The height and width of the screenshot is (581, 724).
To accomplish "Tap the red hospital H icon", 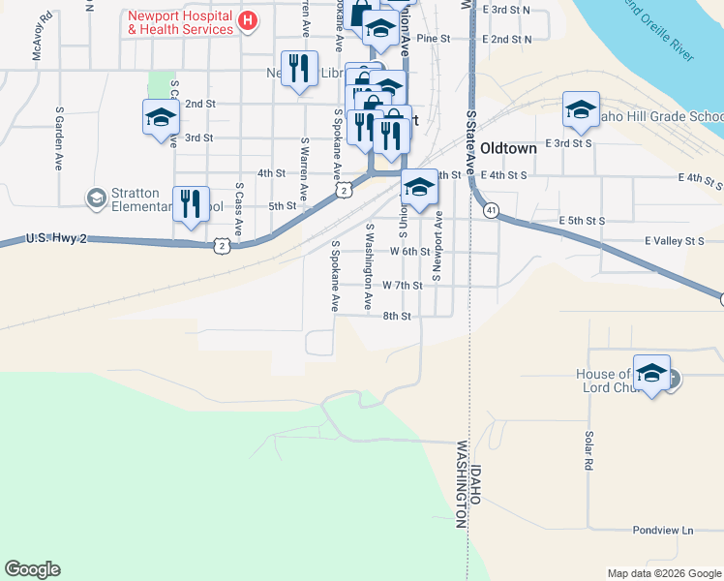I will click(x=248, y=19).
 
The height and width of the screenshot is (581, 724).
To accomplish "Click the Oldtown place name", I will click(x=508, y=150).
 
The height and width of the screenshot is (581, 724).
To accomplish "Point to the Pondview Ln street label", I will click(x=663, y=531).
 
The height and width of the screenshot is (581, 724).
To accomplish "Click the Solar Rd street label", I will click(x=588, y=450).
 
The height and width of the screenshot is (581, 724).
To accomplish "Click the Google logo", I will click(x=32, y=569).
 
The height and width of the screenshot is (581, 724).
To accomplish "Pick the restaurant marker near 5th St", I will click(x=190, y=203).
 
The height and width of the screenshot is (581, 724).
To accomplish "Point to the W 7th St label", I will click(x=403, y=286).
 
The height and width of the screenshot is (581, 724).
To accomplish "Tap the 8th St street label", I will click(x=397, y=316).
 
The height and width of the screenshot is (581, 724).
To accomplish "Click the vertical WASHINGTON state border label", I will click(x=462, y=484).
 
